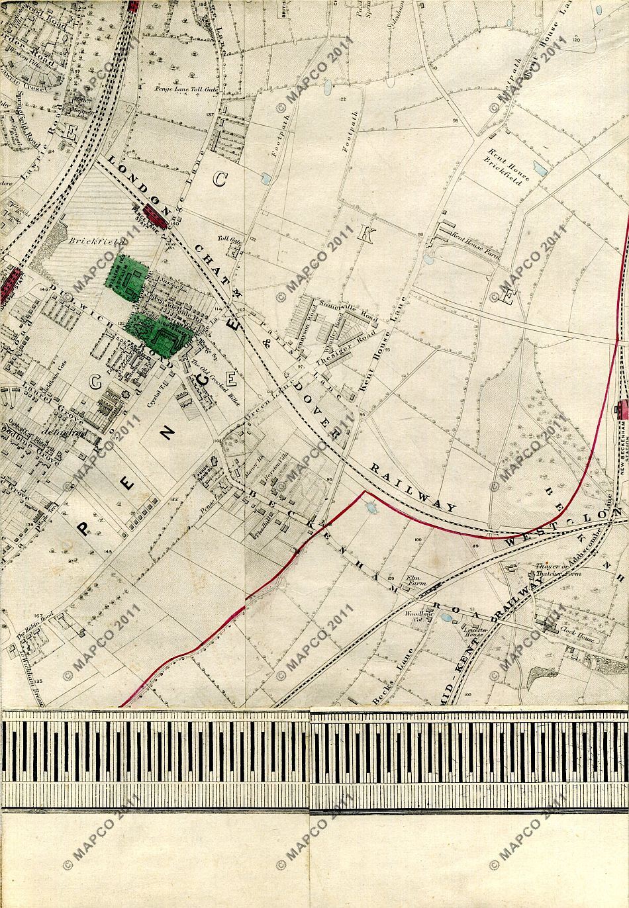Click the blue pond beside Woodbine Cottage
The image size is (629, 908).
point(445,618)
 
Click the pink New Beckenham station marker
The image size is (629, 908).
point(622,410)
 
